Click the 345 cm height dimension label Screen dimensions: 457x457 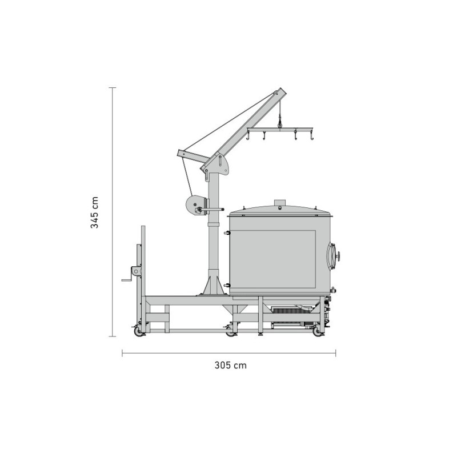coord(95,213)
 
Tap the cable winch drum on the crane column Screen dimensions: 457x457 coord(194,206)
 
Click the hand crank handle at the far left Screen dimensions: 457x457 coord(126,280)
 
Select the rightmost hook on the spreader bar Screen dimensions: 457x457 coord(312,136)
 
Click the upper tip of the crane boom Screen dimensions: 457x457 coord(279,92)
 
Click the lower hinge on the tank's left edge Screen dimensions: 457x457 coord(227,284)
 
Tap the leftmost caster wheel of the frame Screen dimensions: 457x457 coord(138,331)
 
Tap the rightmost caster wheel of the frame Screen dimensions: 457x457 coord(317,331)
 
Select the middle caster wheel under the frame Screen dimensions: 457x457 coord(231,331)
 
